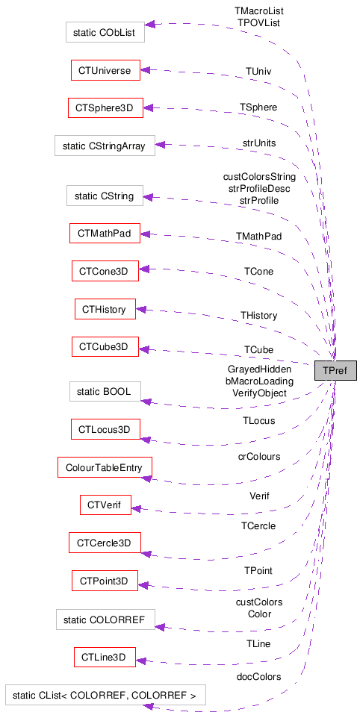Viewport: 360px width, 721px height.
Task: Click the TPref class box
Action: click(x=335, y=370)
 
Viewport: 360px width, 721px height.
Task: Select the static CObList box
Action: click(x=105, y=32)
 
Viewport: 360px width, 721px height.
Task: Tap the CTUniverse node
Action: click(x=104, y=71)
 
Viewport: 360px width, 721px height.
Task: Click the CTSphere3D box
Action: click(x=104, y=108)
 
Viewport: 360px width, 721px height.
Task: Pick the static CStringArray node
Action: click(x=105, y=146)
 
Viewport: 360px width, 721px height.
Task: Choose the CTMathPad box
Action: click(x=104, y=234)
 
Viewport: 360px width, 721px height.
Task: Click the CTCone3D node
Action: click(x=105, y=271)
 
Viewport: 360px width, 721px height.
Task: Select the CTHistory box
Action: click(x=105, y=308)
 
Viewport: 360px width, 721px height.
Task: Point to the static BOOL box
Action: click(x=105, y=392)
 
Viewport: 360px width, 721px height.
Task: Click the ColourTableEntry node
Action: click(x=105, y=467)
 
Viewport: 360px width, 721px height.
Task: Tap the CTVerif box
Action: click(x=105, y=505)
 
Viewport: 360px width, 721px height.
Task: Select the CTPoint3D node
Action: click(x=105, y=580)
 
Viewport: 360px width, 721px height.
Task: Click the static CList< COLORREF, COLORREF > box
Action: click(x=105, y=695)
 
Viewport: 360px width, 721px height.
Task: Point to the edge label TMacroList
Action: click(x=259, y=11)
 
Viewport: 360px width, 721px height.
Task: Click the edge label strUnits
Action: click(x=259, y=143)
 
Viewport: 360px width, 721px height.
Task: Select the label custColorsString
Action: click(x=259, y=177)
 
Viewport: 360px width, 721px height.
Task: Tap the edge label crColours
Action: click(x=259, y=456)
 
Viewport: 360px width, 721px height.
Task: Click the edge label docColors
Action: click(x=259, y=677)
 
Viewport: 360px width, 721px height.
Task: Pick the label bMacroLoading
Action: click(x=259, y=381)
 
